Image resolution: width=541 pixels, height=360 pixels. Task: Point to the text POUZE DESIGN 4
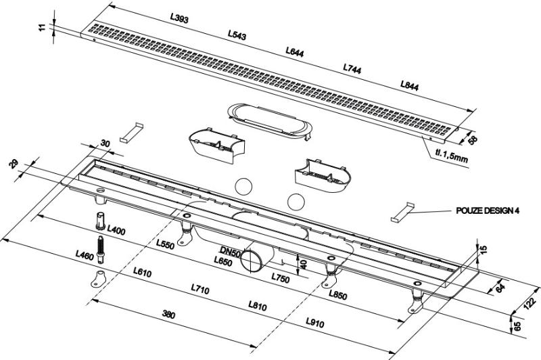[488, 211]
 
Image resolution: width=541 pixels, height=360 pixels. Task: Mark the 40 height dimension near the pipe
[303, 263]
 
